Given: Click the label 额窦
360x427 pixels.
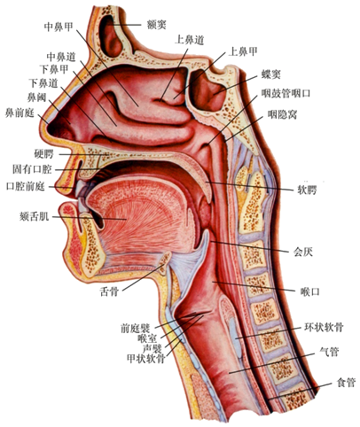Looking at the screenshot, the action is click(157, 25).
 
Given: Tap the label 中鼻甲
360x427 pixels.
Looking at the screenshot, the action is click(59, 27).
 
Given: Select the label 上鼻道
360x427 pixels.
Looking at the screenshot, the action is click(190, 40).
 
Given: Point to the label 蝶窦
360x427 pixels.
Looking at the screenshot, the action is click(270, 74).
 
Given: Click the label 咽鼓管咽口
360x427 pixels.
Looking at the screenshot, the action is click(286, 94).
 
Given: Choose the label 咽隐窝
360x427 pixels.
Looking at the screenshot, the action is click(282, 114).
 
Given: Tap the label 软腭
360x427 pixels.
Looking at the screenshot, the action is click(307, 190).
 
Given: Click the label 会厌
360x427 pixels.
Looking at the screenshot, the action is click(303, 252).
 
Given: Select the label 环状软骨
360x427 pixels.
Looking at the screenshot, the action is click(324, 328).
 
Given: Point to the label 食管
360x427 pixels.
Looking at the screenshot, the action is click(346, 383).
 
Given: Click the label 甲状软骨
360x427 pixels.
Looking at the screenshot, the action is click(145, 359).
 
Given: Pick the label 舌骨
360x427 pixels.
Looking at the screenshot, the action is click(109, 291).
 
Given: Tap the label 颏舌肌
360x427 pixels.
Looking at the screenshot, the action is click(34, 217).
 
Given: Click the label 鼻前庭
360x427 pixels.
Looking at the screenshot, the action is click(20, 113).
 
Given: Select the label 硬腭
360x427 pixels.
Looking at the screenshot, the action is click(43, 154).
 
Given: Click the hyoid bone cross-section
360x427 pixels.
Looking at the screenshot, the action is click(165, 261).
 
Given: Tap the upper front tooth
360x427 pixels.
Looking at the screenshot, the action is click(80, 188).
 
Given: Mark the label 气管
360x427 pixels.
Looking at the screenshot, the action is click(330, 352).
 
